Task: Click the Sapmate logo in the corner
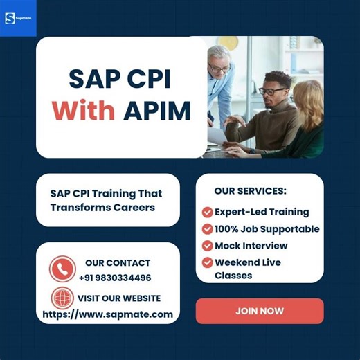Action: [x=18, y=18]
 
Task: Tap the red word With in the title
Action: [x=84, y=110]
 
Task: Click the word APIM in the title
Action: [x=156, y=110]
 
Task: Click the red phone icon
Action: [x=62, y=269]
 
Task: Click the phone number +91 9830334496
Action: [x=115, y=278]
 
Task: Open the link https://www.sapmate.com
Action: [x=107, y=314]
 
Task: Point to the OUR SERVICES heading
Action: [x=250, y=190]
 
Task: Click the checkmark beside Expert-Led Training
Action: [x=207, y=212]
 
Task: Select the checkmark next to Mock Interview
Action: [x=207, y=246]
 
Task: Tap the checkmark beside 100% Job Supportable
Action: [x=207, y=228]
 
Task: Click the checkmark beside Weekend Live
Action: [x=207, y=262]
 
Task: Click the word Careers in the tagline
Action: [x=132, y=207]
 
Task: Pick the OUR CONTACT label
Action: [x=118, y=263]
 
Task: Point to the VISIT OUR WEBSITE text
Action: [x=118, y=298]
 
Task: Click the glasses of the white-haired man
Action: [x=219, y=67]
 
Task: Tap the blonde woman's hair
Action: [x=309, y=97]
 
